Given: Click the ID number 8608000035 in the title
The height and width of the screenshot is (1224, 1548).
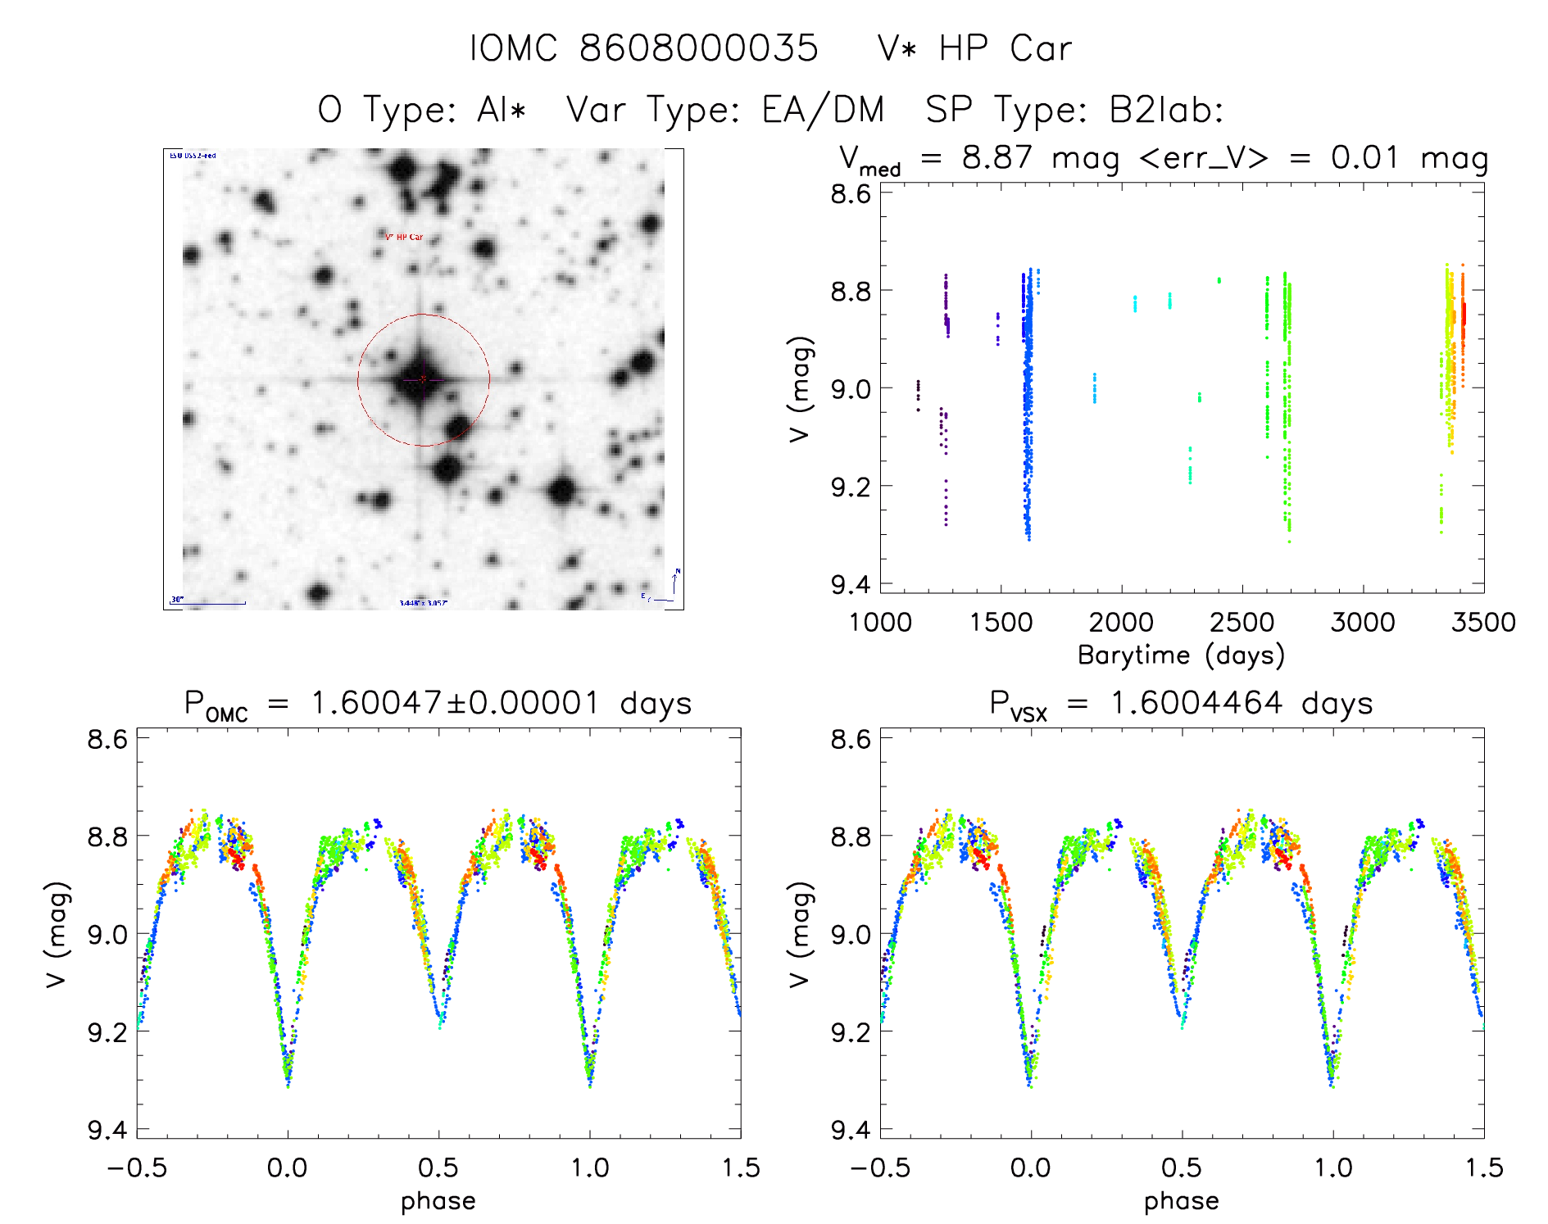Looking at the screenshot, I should coord(698,48).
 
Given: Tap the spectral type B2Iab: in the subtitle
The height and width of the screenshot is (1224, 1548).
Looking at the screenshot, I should coord(1165,110).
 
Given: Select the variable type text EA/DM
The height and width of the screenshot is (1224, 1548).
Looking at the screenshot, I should coord(823,110).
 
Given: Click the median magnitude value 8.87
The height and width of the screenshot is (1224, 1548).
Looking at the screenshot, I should coord(997,157).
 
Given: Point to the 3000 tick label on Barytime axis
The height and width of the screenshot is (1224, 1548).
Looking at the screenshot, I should coord(1363,622).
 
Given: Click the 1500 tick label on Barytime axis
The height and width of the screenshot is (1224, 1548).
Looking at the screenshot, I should coord(1001,622).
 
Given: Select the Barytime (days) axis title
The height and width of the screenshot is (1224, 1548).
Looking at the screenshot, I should coord(1181,655).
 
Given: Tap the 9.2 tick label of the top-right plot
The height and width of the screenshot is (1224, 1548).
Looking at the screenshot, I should coord(851,487).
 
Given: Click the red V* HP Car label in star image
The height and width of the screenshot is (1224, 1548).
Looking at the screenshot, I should coord(404,237).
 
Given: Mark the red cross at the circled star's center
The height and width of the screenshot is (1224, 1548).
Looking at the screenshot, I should coord(423,379).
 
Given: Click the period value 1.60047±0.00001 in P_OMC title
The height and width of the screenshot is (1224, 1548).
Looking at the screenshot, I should coord(455,703).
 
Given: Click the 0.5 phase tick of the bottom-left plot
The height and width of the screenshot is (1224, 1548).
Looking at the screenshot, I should coord(438,1167).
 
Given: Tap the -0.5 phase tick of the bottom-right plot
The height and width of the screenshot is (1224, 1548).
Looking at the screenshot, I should coord(880,1167).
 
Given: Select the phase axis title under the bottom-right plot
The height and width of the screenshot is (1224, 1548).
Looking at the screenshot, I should coord(1181,1200).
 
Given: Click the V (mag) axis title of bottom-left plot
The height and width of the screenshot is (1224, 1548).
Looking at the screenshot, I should coord(56,934).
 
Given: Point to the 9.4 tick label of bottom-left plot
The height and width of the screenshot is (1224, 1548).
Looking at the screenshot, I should coord(107,1130).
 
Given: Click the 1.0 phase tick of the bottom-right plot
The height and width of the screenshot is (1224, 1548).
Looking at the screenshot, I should coord(1333,1167).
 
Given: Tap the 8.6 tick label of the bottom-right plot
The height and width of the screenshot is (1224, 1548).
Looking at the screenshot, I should coord(851,739).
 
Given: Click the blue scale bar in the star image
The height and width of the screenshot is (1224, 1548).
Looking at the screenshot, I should coord(208,604).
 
